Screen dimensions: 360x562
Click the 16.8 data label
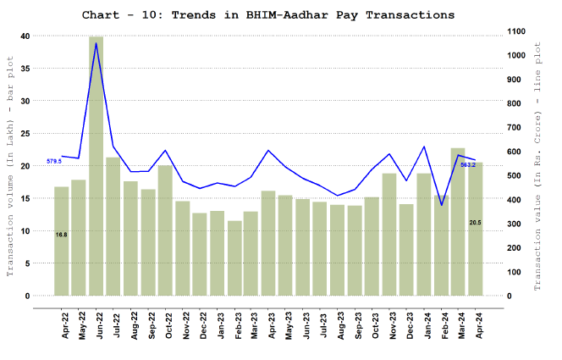click(61, 235)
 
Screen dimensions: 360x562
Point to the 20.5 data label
click(476, 222)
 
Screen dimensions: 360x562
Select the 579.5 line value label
click(54, 161)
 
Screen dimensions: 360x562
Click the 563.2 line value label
click(467, 164)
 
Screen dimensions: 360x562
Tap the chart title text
click(268, 15)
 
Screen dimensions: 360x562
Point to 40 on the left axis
click(25, 36)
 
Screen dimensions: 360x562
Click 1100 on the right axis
click(513, 31)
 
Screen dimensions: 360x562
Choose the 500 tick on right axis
click(510, 175)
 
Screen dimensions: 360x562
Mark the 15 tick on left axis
click(25, 198)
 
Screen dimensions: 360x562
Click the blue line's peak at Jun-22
click(96, 43)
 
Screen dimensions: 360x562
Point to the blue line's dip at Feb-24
click(441, 205)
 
